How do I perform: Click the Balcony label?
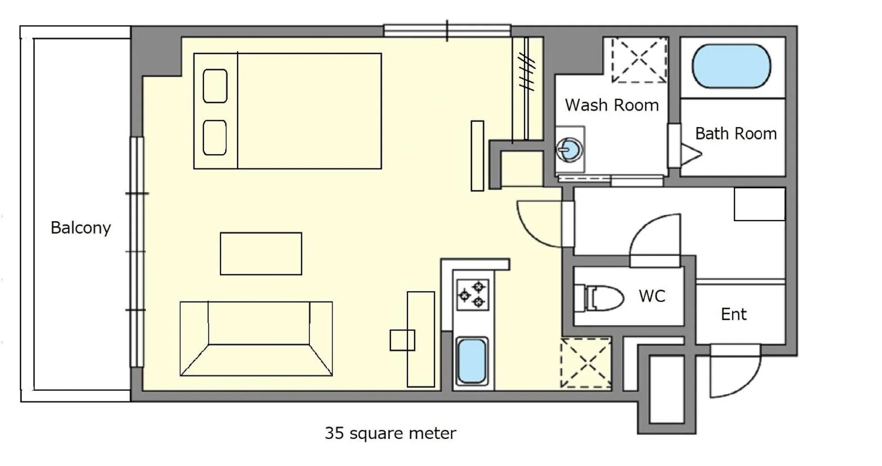(81, 228)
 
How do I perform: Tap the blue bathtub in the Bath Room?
(731, 66)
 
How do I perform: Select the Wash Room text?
(611, 105)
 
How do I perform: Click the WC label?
(651, 296)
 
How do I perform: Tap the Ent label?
(733, 314)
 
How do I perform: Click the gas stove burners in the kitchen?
(473, 295)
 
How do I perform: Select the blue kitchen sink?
(471, 361)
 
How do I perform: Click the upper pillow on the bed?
(215, 86)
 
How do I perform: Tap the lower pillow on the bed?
(215, 137)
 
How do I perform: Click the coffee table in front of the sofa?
(261, 254)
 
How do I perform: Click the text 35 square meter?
(390, 433)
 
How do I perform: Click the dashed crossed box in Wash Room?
(639, 60)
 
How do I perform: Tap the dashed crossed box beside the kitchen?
(585, 363)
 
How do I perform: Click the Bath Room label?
(736, 133)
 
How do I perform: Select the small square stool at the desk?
(402, 340)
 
